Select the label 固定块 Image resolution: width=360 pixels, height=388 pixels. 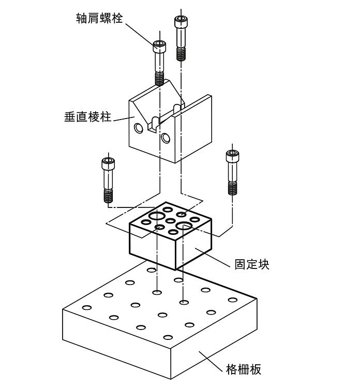(x=252, y=264)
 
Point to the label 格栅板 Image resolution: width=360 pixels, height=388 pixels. (x=244, y=369)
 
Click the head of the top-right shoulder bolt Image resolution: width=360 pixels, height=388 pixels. (x=180, y=21)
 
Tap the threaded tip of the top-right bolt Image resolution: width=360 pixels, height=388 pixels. (x=181, y=54)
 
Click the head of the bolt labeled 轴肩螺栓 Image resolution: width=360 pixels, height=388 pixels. (x=159, y=46)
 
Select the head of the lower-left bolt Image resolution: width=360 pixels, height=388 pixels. (x=108, y=163)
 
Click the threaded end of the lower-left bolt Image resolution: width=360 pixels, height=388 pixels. (x=108, y=196)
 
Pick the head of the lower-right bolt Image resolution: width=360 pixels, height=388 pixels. (x=232, y=155)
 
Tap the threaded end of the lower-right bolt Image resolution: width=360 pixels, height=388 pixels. (x=232, y=188)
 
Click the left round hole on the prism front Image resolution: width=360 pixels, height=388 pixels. (x=138, y=128)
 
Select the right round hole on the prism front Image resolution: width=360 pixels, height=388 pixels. (x=165, y=138)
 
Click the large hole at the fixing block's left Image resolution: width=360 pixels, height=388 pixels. (x=155, y=216)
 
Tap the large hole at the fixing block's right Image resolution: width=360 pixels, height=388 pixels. (x=184, y=226)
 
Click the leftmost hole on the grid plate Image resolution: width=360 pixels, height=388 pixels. (x=87, y=307)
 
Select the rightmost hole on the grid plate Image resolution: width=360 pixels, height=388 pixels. (x=233, y=300)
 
